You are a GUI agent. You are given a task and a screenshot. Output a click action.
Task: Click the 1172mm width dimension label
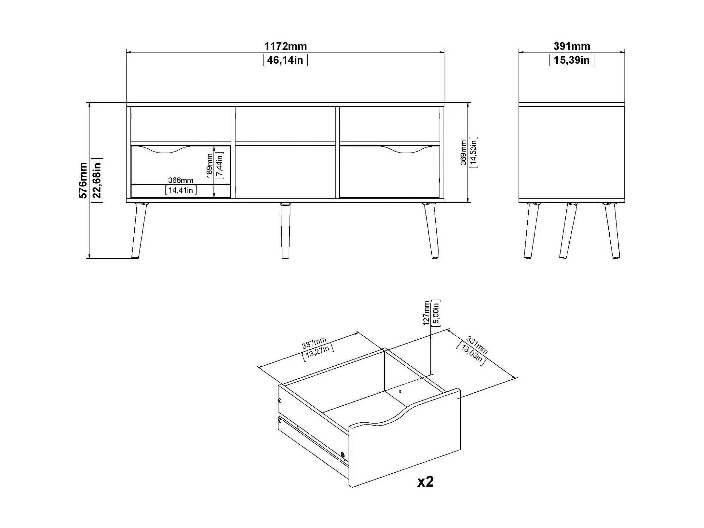[x=285, y=47]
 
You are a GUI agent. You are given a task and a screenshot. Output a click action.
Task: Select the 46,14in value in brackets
[x=285, y=60]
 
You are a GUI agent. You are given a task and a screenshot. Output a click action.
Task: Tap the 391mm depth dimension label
[x=572, y=47]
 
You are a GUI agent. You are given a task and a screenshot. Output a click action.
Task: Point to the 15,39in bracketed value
[x=572, y=60]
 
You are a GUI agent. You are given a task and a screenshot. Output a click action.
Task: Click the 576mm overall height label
[x=83, y=180]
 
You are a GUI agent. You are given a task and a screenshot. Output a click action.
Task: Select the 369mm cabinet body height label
[x=463, y=152]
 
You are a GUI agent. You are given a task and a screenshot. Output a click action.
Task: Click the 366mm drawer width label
[x=181, y=180]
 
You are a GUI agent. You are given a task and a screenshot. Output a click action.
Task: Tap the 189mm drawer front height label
[x=210, y=165]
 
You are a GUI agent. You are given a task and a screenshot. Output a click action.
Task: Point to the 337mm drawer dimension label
[x=314, y=343]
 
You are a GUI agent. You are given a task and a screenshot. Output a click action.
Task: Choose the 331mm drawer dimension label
[x=477, y=345]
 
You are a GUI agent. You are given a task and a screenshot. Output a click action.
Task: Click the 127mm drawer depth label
[x=426, y=313]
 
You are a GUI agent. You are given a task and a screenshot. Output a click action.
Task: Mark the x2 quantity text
[x=425, y=482]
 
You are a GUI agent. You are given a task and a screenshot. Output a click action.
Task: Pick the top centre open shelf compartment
[x=285, y=124]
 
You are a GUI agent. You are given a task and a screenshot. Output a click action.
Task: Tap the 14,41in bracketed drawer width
[x=181, y=190]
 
